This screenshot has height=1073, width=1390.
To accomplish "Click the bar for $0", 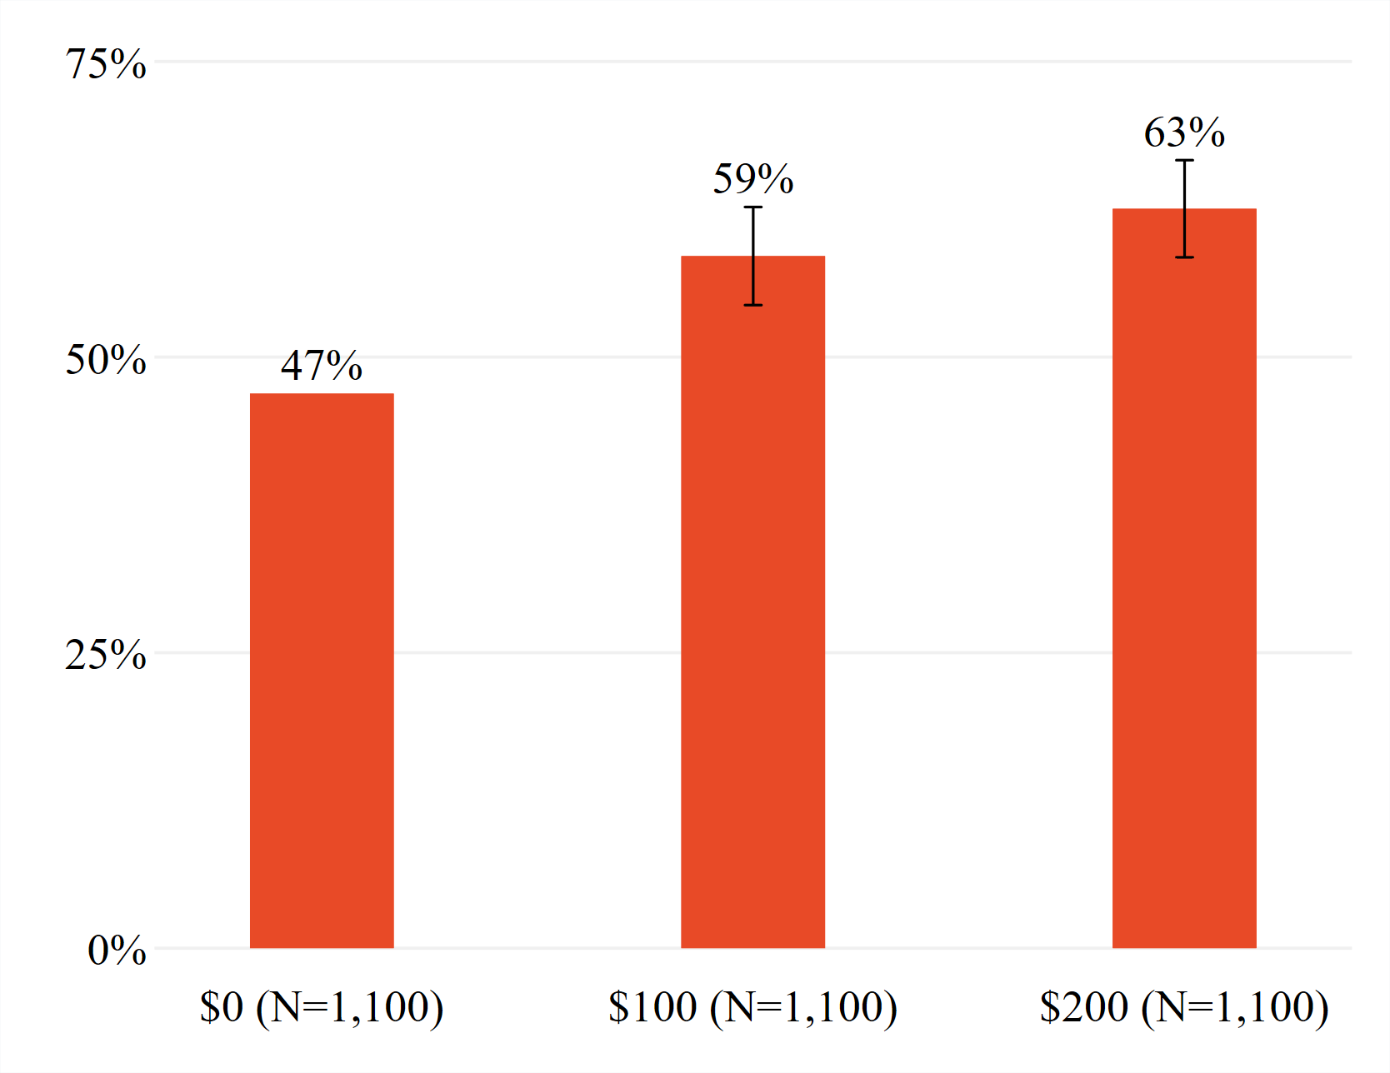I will (x=322, y=671).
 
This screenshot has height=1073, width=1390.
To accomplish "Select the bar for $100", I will (x=752, y=601).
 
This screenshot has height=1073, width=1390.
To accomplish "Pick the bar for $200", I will (x=1184, y=578).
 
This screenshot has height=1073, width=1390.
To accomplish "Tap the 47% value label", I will (x=322, y=365).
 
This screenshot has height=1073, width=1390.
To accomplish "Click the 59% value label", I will (x=753, y=178).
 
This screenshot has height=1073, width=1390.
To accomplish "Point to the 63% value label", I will (x=1184, y=132).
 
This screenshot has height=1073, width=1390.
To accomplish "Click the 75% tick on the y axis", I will (x=106, y=63).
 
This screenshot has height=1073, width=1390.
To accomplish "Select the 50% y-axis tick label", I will (x=106, y=359).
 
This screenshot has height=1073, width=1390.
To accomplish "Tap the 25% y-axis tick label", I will (x=106, y=655).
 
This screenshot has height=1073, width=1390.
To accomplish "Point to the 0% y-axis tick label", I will (x=117, y=950).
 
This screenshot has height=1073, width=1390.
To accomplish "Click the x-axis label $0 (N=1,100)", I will (x=322, y=1006).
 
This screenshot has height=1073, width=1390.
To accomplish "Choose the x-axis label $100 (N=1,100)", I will (x=752, y=1006).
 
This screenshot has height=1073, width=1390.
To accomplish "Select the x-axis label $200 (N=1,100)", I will (x=1184, y=1006).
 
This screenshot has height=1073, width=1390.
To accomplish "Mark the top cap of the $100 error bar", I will (x=753, y=207).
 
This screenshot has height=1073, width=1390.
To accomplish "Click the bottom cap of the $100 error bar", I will (x=753, y=305).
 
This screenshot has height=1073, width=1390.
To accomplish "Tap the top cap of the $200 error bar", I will (x=1184, y=160).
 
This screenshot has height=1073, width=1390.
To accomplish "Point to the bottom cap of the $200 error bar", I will (x=1184, y=257).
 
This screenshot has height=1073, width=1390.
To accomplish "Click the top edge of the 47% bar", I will (x=322, y=394).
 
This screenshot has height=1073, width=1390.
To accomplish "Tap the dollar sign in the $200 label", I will (x=1050, y=1006).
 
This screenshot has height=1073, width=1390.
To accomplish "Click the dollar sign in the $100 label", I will (x=618, y=1006).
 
